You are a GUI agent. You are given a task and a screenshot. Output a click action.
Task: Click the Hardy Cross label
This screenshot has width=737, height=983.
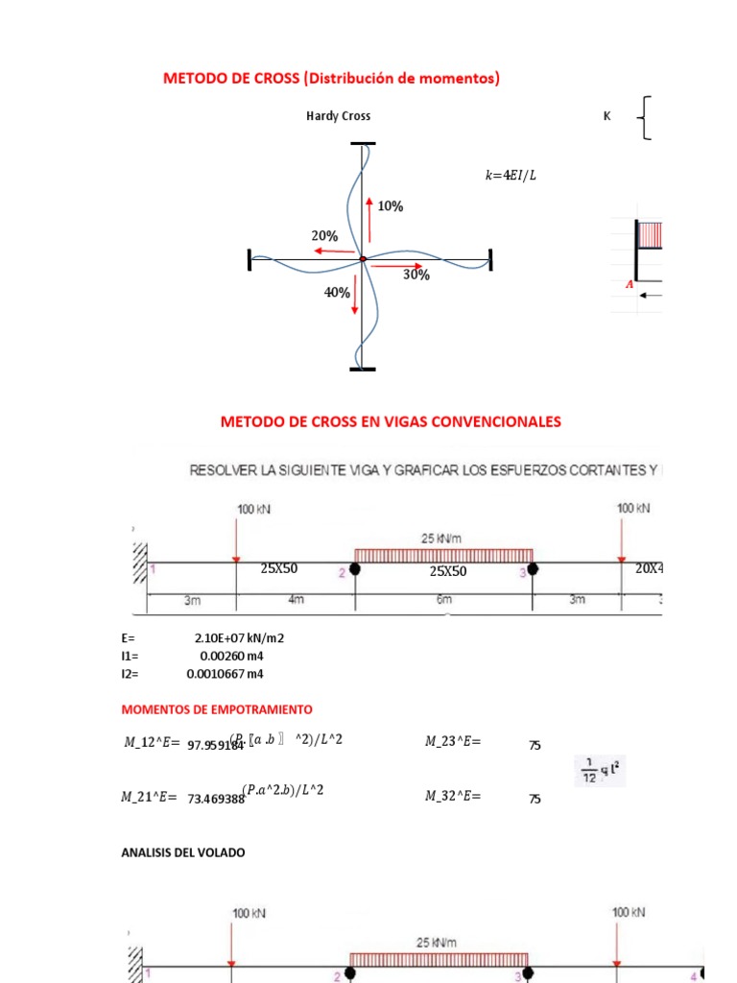tap(338, 116)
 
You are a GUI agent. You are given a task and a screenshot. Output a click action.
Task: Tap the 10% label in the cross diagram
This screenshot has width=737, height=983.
tap(391, 206)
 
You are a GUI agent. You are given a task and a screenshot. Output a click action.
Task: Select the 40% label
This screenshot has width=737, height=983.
tap(336, 293)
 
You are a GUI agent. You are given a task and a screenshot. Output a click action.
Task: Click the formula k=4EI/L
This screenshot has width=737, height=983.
tap(506, 175)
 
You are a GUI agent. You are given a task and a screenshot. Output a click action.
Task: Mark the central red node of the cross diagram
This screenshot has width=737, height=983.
tap(362, 259)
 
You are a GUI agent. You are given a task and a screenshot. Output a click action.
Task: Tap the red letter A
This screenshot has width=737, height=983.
tap(630, 284)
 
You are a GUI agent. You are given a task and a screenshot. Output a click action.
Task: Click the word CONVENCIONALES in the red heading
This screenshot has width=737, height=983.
tap(495, 421)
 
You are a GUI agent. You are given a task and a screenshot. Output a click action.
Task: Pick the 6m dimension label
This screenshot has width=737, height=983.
tap(442, 600)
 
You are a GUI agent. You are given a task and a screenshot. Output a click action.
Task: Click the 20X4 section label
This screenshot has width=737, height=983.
tap(649, 568)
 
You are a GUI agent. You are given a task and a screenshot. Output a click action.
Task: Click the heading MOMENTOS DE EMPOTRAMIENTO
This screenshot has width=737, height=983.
tap(216, 709)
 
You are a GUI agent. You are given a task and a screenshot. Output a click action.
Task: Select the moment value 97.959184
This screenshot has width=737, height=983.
tap(215, 744)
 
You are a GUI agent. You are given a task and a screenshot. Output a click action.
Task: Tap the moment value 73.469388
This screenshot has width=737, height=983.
tap(215, 798)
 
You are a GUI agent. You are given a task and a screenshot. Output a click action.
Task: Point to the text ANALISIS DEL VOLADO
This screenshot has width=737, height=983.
tap(182, 851)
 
